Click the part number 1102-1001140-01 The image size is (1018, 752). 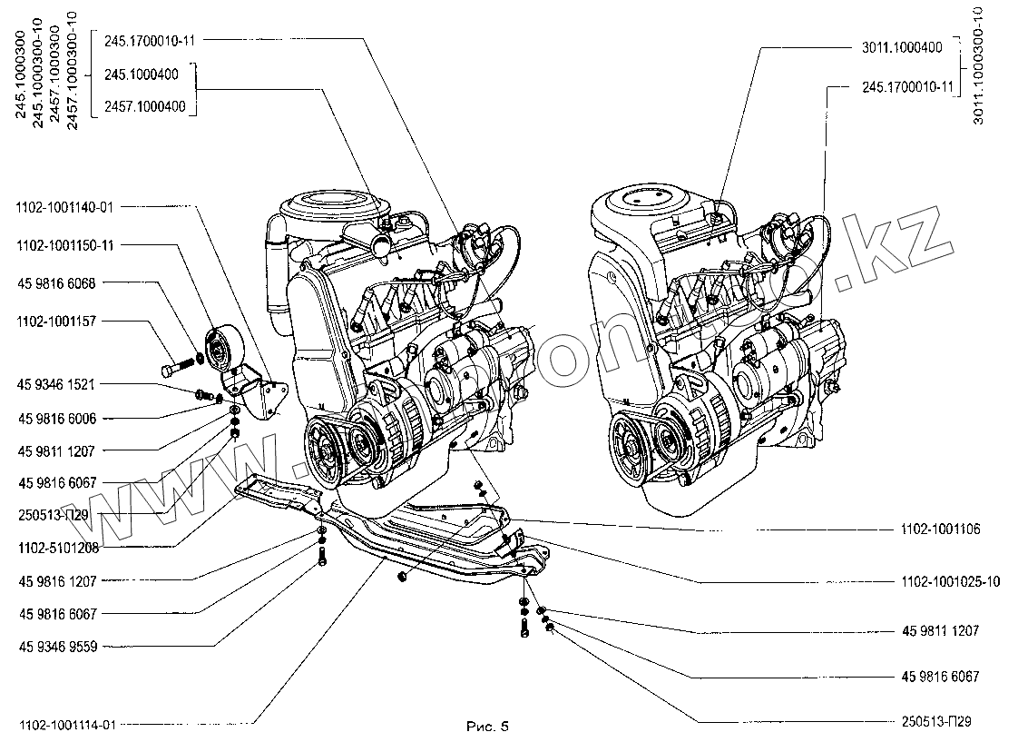(x=64, y=207)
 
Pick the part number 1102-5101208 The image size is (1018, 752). (x=57, y=548)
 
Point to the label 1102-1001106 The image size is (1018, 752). (x=940, y=529)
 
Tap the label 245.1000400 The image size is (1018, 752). (x=141, y=74)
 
